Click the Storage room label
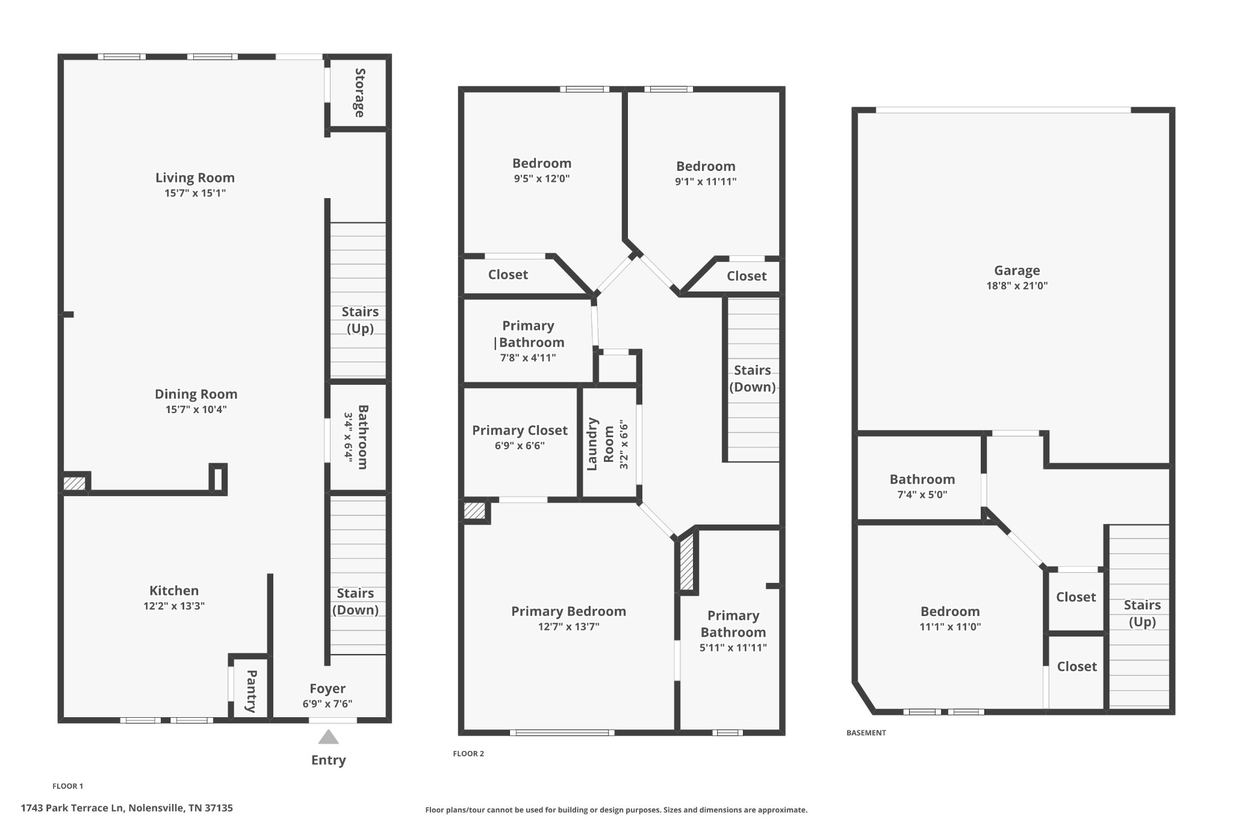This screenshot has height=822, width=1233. click(359, 93)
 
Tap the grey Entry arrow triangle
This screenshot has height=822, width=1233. click(328, 737)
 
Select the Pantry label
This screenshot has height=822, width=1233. click(252, 691)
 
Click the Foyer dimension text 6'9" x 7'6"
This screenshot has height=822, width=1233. click(328, 703)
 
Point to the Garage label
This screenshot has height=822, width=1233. click(1017, 270)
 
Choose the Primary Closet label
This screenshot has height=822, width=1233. click(520, 430)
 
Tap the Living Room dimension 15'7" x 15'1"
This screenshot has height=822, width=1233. click(195, 193)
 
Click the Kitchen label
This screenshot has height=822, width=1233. click(174, 590)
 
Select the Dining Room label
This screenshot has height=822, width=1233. click(196, 394)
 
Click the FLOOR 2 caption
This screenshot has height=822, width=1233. click(468, 753)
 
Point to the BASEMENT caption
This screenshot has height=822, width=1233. click(866, 733)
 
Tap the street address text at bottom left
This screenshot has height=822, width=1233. click(127, 808)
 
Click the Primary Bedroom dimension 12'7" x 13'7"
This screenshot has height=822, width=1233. click(569, 626)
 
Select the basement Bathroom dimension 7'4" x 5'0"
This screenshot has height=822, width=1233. click(922, 494)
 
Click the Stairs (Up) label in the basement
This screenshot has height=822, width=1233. click(1142, 613)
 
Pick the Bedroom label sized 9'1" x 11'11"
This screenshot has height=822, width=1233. click(706, 166)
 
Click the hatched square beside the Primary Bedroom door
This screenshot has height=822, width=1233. click(474, 510)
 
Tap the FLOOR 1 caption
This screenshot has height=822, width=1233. click(68, 786)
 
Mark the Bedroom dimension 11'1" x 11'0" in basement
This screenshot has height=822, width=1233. click(950, 626)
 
